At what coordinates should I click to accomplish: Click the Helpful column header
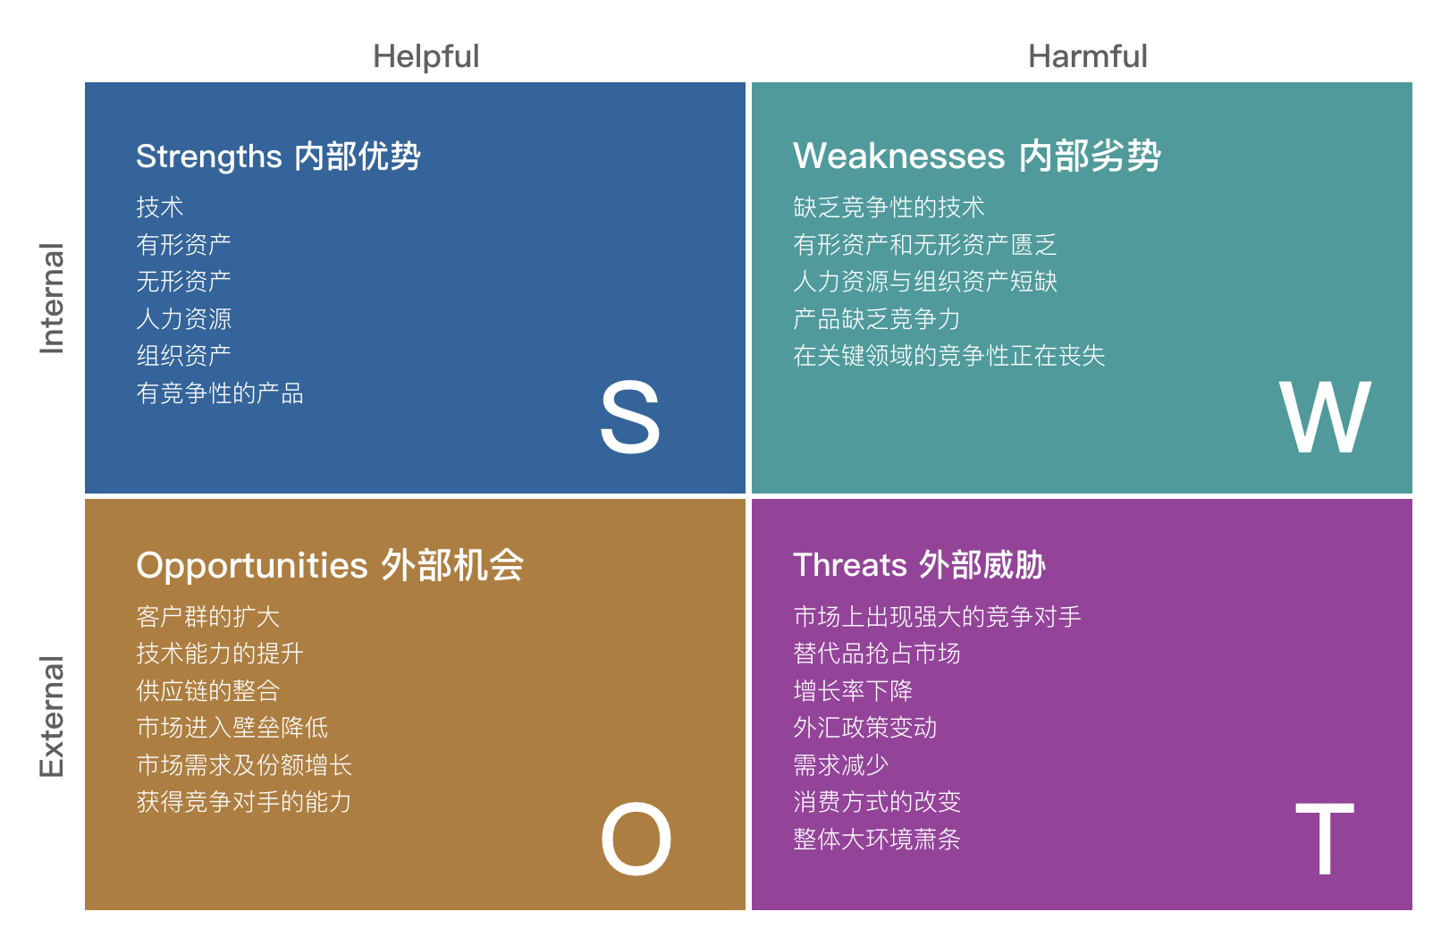(x=426, y=56)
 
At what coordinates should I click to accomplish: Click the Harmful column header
(x=1087, y=56)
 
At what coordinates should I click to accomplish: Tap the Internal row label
(x=52, y=299)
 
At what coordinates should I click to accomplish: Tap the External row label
(x=52, y=717)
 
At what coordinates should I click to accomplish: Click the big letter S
(x=629, y=418)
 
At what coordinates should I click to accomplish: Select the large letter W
(x=1324, y=418)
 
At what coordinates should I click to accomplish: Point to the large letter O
(x=636, y=840)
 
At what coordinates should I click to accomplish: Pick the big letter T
(x=1324, y=840)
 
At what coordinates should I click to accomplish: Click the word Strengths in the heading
(x=209, y=156)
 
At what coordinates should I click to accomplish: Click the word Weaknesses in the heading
(x=898, y=156)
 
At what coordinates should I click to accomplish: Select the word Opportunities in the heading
(x=252, y=566)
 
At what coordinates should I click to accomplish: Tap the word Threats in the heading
(x=850, y=566)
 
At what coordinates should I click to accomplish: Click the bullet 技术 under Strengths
(x=160, y=207)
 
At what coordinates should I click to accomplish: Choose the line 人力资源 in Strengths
(x=184, y=319)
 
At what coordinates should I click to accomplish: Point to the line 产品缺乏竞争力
(x=877, y=319)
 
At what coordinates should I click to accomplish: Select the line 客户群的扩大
(x=208, y=617)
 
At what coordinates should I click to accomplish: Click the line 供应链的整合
(x=208, y=691)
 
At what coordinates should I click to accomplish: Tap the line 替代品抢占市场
(x=877, y=654)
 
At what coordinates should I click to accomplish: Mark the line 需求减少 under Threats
(x=841, y=765)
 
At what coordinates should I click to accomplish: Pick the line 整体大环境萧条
(x=877, y=840)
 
